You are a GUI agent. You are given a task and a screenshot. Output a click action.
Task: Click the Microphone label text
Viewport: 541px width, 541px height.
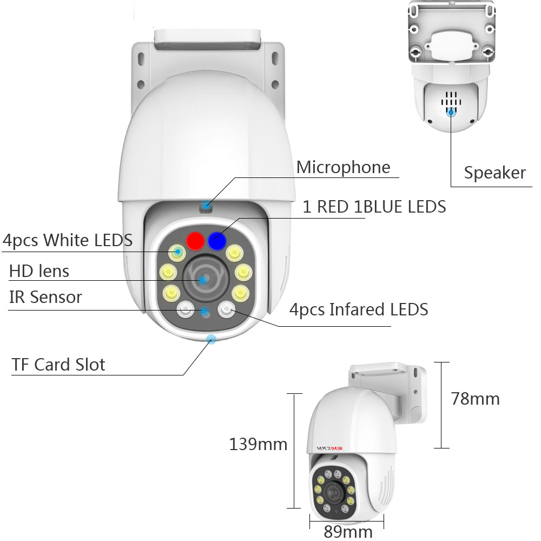point(343,167)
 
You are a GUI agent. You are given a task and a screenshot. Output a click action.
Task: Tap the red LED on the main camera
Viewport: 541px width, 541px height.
point(193,241)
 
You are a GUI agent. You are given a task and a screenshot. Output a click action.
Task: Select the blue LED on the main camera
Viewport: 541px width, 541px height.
point(217,240)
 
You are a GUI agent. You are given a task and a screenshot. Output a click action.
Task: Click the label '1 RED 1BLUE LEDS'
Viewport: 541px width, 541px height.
point(374,206)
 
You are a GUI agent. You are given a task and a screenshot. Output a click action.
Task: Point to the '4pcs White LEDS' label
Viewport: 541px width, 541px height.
point(68,240)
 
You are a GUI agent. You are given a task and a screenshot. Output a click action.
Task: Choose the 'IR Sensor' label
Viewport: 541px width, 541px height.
point(45,297)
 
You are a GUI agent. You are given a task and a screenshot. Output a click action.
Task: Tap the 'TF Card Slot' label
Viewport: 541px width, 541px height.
point(58,364)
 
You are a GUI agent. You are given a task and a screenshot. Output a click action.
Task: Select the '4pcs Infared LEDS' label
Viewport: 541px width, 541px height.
point(359,309)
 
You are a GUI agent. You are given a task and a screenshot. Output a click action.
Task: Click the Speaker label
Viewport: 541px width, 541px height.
point(494,173)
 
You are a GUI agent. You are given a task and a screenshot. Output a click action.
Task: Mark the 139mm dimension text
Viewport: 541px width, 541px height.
point(258,445)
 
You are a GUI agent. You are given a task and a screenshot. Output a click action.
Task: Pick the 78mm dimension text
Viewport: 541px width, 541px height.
point(475,399)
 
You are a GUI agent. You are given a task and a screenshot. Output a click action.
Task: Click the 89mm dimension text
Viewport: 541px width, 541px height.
point(348,531)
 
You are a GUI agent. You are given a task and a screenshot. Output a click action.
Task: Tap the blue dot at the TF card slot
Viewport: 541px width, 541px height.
point(211,339)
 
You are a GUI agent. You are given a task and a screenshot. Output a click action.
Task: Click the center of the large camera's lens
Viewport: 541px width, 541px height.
point(203,280)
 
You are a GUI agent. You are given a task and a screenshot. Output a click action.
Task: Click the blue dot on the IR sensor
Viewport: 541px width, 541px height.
point(205,311)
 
